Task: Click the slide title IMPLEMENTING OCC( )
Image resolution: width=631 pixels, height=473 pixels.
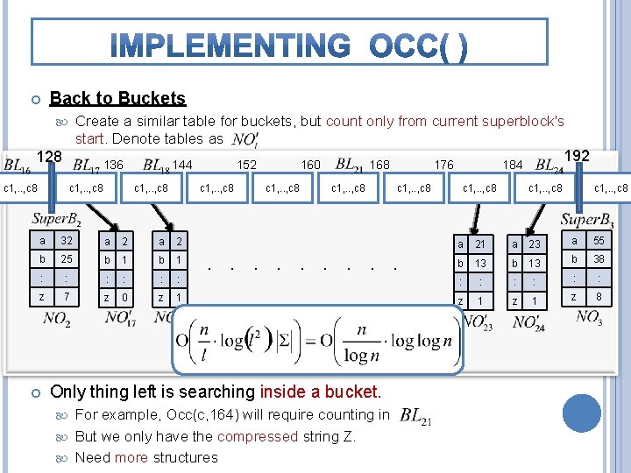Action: (x=290, y=44)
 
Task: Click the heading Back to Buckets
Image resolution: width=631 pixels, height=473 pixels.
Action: (x=118, y=98)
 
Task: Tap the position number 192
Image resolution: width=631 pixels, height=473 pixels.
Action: (x=576, y=156)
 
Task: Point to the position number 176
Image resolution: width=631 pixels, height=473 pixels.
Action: (x=443, y=165)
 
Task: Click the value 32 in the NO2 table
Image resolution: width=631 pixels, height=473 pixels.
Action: (x=66, y=241)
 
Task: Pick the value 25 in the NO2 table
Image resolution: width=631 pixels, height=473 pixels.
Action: (x=66, y=260)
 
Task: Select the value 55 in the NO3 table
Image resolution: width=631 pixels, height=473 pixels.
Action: (x=599, y=241)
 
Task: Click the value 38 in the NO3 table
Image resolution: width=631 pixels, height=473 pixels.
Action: (x=599, y=259)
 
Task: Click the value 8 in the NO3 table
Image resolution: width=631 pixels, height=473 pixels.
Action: (x=599, y=298)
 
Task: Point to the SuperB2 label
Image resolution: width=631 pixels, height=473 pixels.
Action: (x=57, y=218)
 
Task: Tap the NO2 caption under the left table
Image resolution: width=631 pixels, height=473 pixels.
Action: (x=57, y=319)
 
